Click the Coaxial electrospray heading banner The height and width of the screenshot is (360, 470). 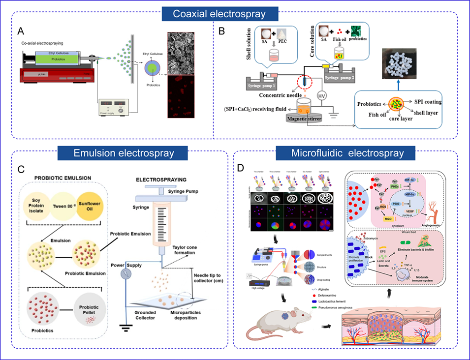[220, 13]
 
